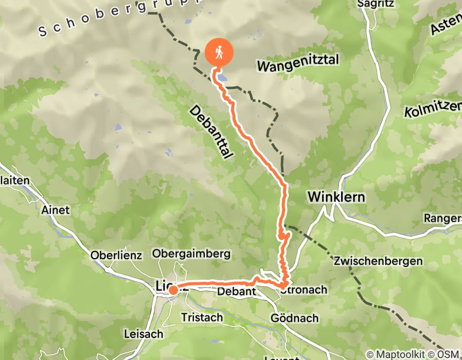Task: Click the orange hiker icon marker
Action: [219, 53]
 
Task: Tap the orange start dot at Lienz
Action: [173, 291]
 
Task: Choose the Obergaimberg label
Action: [191, 254]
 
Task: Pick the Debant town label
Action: [237, 292]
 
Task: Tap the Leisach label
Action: [144, 334]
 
